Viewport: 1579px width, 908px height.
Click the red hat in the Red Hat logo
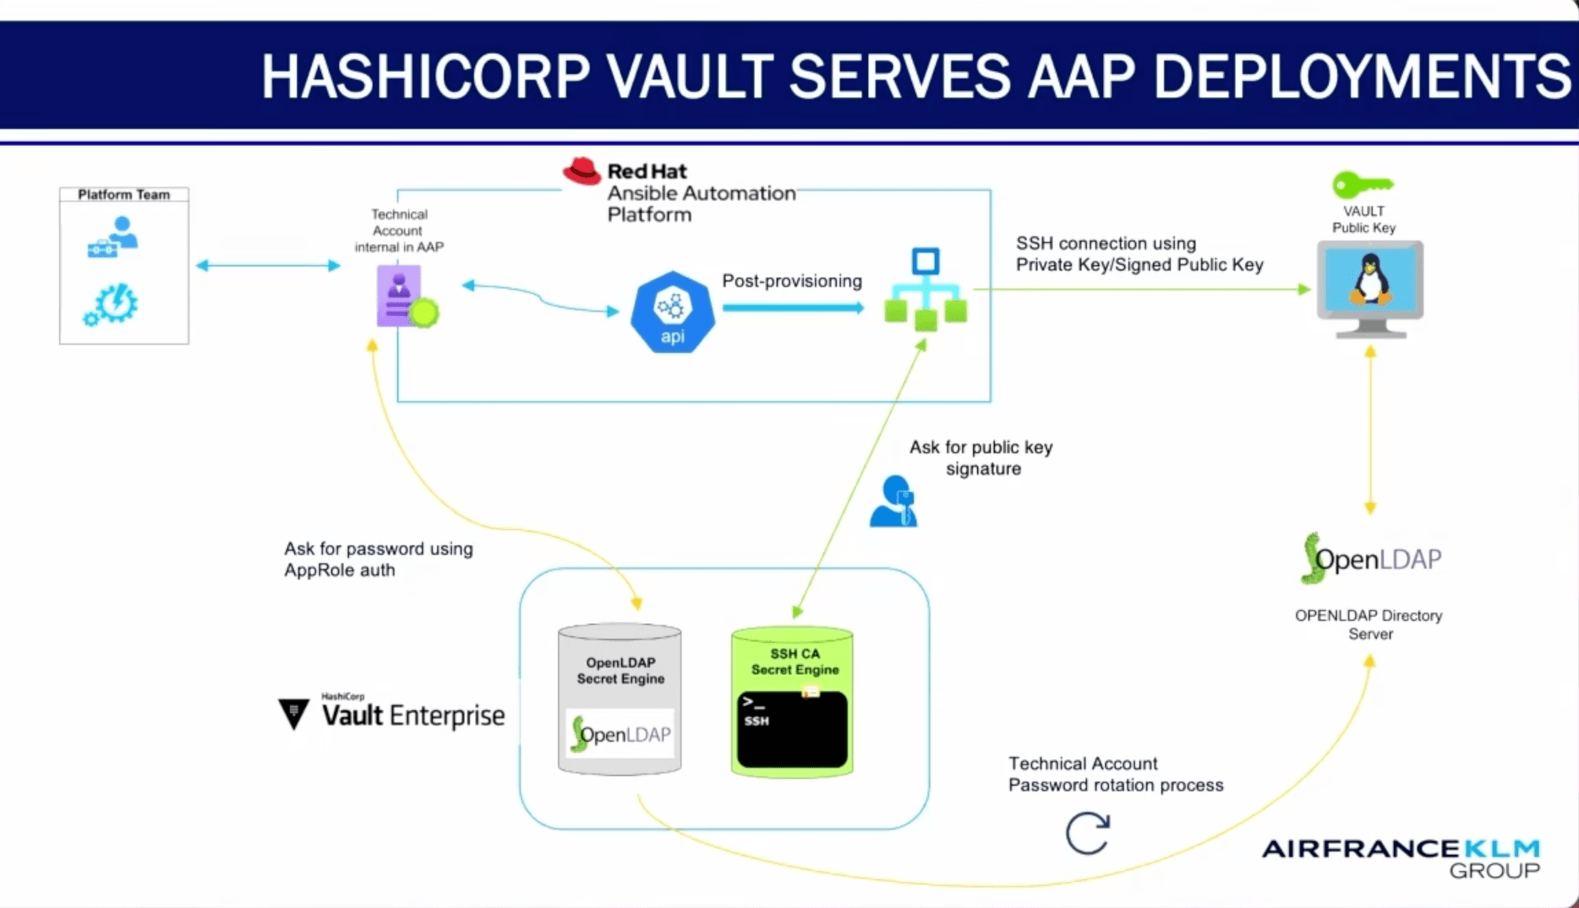[x=581, y=171]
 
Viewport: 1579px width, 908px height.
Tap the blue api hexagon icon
[x=672, y=313]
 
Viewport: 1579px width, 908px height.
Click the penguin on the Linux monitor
[x=1370, y=280]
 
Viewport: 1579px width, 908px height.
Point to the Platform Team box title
[x=124, y=194]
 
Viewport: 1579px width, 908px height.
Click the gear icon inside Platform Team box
[x=112, y=304]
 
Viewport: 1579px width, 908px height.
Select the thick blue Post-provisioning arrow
[x=792, y=308]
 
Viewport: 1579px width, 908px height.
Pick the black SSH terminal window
[x=792, y=729]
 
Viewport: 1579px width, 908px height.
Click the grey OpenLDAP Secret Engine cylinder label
[x=620, y=670]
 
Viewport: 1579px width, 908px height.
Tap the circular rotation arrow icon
[x=1087, y=833]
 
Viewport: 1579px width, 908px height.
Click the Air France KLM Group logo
[x=1401, y=857]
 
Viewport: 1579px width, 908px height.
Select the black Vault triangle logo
[x=294, y=713]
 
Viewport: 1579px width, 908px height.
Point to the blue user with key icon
[x=893, y=501]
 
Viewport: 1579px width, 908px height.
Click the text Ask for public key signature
[x=981, y=457]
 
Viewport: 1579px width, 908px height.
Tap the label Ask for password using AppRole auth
[x=378, y=559]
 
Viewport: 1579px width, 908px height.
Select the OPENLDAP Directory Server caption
[x=1368, y=624]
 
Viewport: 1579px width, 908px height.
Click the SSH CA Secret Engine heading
[x=794, y=661]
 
